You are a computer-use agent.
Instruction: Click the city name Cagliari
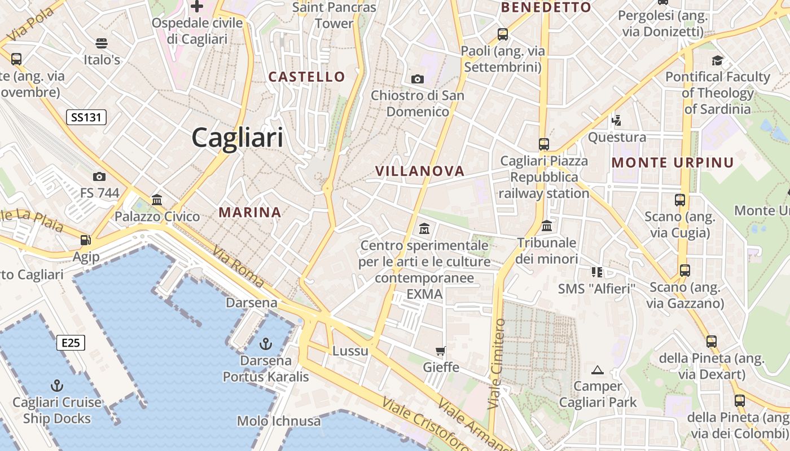click(x=237, y=137)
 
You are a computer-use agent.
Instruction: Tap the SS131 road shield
click(x=86, y=117)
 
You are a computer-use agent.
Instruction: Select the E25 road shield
click(x=71, y=342)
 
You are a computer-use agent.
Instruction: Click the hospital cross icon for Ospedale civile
click(x=196, y=6)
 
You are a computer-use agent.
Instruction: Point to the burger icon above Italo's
click(x=102, y=43)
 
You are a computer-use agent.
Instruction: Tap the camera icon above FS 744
click(x=99, y=177)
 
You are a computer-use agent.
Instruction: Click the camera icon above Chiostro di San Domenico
click(x=418, y=79)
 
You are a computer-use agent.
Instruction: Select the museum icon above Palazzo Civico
click(x=157, y=200)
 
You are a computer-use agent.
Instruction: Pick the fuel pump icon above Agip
click(x=85, y=240)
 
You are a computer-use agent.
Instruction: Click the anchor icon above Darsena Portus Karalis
click(x=265, y=343)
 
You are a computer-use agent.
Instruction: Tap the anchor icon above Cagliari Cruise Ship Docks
click(x=56, y=386)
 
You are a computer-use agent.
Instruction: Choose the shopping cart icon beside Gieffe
click(x=441, y=351)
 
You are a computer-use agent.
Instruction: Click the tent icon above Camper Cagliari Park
click(x=598, y=370)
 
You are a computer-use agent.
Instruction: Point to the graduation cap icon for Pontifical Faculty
click(x=717, y=60)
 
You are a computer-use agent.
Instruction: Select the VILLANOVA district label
click(x=420, y=171)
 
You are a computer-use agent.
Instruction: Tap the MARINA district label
click(x=250, y=212)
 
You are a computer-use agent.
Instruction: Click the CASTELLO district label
click(x=306, y=77)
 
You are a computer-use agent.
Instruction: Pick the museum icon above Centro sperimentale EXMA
click(x=424, y=229)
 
